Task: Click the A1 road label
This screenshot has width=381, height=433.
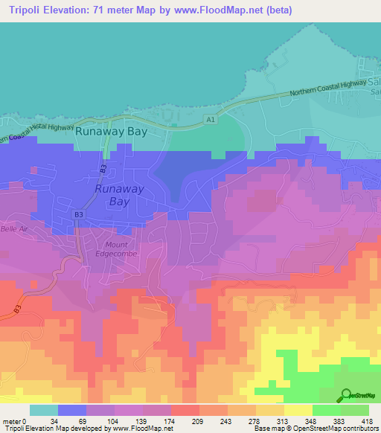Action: [x=211, y=118]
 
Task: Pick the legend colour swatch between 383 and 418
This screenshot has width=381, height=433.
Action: [x=355, y=410]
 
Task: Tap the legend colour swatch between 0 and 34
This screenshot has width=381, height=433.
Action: [x=44, y=410]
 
